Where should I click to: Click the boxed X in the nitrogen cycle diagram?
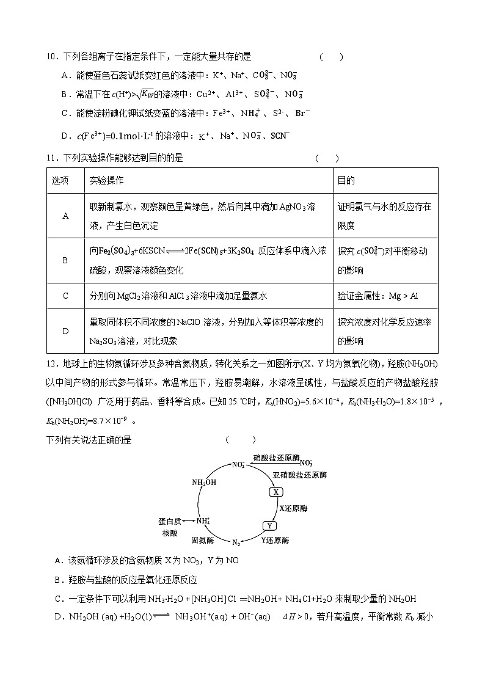(275, 492)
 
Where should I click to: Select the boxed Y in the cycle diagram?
(269, 525)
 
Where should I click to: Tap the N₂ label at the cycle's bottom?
(236, 542)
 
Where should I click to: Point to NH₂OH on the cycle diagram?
(203, 482)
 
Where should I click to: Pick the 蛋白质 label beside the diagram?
(170, 521)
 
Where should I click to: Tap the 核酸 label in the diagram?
(170, 533)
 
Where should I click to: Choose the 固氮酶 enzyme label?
(202, 541)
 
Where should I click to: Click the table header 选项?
(60, 181)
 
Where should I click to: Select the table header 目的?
(346, 181)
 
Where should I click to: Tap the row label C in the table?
(65, 296)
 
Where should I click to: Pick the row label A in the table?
(65, 216)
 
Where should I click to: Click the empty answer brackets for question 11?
(327, 158)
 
